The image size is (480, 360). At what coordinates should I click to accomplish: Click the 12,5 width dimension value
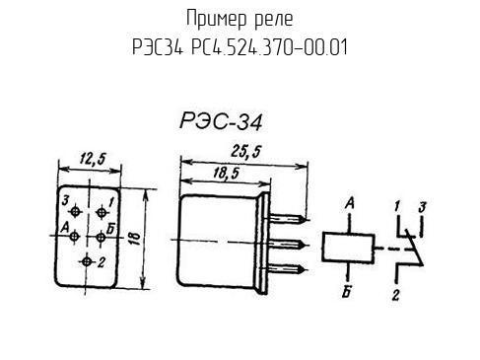click(93, 159)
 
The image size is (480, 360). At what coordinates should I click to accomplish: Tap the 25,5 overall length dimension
click(245, 152)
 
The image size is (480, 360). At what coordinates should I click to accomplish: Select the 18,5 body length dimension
click(226, 173)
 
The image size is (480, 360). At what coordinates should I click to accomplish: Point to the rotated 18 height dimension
click(135, 238)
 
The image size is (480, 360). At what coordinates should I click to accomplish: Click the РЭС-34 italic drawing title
click(221, 121)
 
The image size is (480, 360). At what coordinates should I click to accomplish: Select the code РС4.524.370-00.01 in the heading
click(269, 47)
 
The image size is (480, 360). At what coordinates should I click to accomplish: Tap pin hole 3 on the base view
click(76, 212)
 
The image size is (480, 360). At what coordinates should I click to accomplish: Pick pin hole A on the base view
click(75, 236)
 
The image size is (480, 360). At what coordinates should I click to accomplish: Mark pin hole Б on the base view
click(102, 237)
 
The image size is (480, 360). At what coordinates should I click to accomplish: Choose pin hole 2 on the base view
click(87, 261)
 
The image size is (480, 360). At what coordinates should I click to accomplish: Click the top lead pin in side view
click(289, 219)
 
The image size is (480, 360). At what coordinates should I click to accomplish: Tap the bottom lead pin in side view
click(289, 269)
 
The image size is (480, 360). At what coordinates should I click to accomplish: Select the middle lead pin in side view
click(289, 245)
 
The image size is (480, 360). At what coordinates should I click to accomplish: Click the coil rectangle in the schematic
click(348, 248)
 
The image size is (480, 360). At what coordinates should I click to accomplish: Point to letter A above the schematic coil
click(350, 204)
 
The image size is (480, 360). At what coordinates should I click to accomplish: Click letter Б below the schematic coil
click(347, 293)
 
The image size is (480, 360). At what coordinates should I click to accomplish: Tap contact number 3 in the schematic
click(422, 207)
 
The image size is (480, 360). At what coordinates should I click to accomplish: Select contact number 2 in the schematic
click(396, 295)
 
